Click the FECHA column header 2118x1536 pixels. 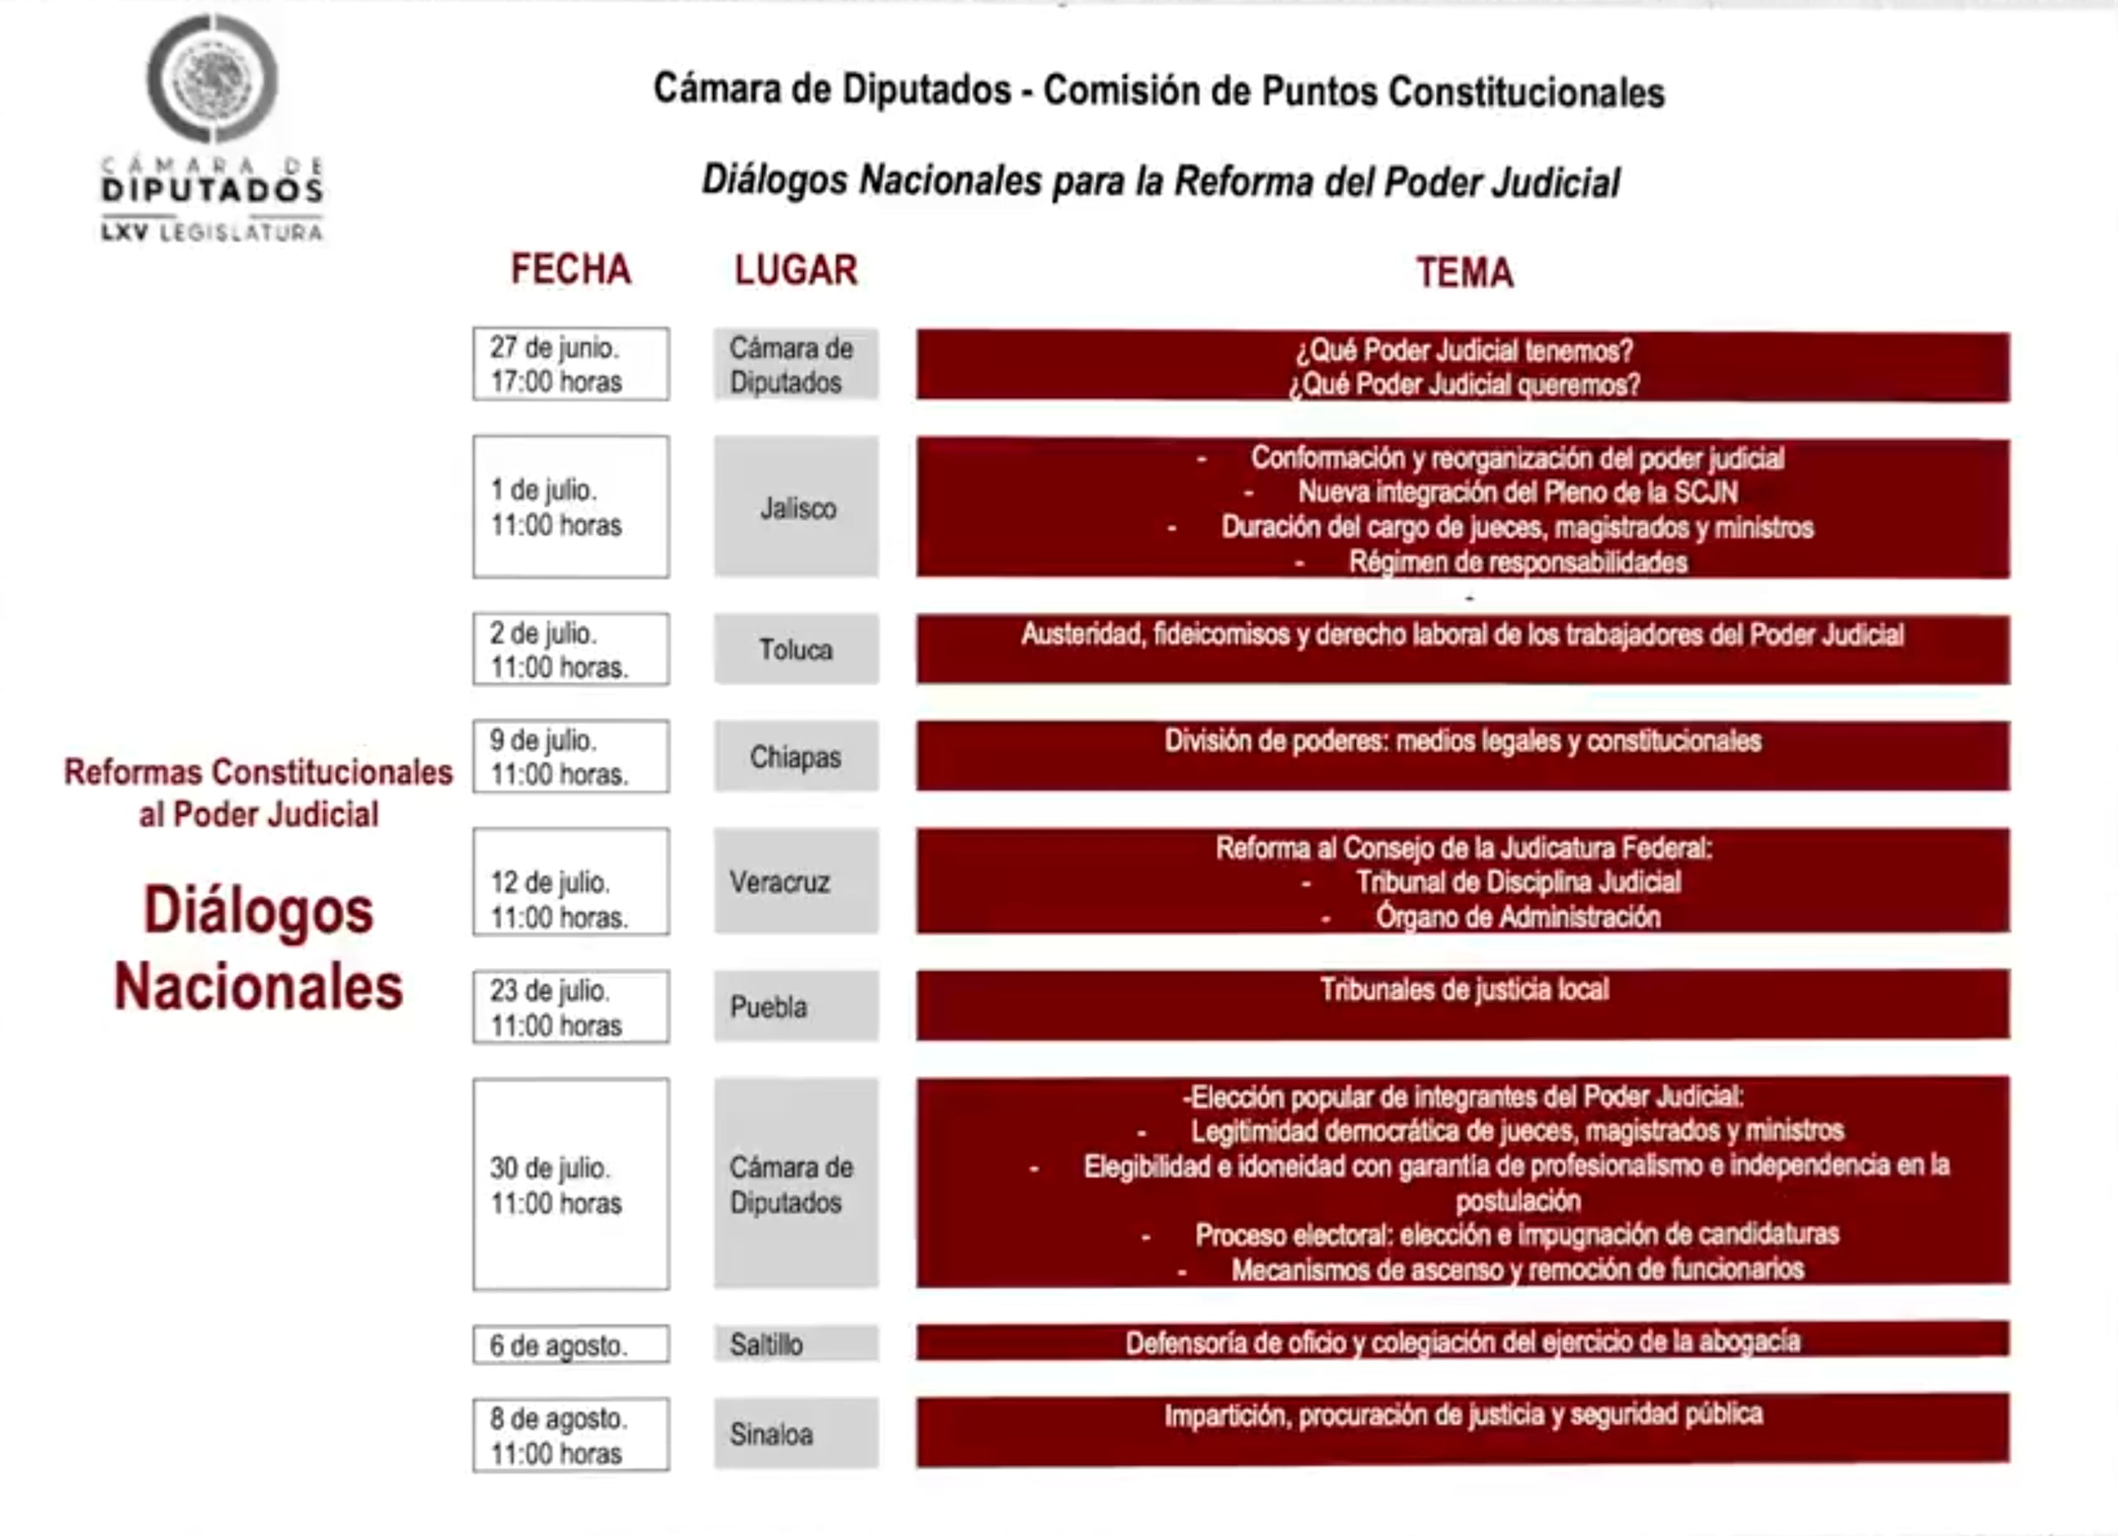click(571, 270)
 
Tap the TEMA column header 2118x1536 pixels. click(1464, 273)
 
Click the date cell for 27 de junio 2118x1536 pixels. click(571, 364)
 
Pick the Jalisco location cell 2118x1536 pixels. click(797, 508)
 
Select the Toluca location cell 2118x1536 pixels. click(797, 650)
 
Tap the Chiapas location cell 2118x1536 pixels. click(797, 756)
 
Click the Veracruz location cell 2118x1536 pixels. click(797, 882)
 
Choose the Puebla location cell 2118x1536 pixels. click(797, 1007)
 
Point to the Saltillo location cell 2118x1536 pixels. click(797, 1345)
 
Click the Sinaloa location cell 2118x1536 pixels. click(797, 1434)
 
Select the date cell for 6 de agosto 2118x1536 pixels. click(571, 1345)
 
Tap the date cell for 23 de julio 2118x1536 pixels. click(571, 1008)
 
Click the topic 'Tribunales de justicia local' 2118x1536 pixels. click(1464, 990)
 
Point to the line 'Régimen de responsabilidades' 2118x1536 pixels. click(1518, 562)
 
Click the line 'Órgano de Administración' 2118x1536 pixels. click(1518, 917)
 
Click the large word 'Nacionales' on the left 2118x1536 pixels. click(259, 988)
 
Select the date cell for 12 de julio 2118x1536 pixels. click(571, 882)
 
